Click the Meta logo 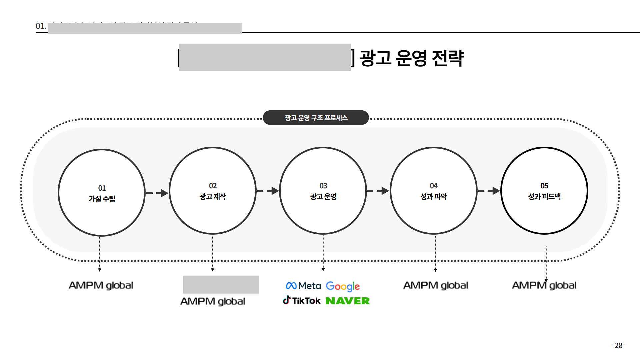(303, 286)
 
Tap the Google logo (343, 286)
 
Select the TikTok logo (302, 301)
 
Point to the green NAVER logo (348, 301)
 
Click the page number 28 (619, 345)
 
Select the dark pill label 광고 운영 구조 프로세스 (316, 118)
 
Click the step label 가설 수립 (102, 199)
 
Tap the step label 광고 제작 (213, 197)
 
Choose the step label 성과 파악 (434, 197)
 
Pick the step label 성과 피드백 (544, 197)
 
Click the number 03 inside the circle (323, 186)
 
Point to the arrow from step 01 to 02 (157, 193)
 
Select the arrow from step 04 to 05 (489, 191)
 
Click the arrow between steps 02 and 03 (268, 191)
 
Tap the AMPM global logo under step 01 (101, 285)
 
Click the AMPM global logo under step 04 (436, 285)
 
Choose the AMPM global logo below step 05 (544, 285)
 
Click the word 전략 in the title (447, 58)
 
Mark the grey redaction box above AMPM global (221, 284)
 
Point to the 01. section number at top (41, 26)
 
